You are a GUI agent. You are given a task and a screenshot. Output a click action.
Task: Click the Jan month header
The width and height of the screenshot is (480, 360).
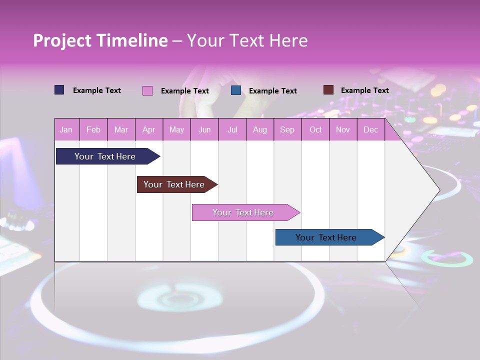[66, 130]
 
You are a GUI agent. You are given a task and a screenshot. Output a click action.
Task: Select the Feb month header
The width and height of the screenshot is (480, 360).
[93, 130]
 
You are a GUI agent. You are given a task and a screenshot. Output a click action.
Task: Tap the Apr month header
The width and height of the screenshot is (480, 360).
[148, 130]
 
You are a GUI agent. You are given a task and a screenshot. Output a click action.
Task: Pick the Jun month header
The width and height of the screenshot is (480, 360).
[204, 130]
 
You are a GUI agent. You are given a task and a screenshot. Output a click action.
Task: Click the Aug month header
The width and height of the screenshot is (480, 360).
[259, 130]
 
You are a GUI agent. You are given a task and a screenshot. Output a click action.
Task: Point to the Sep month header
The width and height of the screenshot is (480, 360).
[287, 130]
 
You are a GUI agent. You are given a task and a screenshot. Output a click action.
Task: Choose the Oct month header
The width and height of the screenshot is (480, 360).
[315, 130]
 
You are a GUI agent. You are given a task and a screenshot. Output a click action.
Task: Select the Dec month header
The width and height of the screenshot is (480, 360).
[370, 130]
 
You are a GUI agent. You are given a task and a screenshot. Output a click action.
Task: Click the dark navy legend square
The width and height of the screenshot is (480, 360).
[59, 90]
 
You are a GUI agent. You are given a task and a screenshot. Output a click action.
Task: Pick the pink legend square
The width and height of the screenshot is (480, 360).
[147, 90]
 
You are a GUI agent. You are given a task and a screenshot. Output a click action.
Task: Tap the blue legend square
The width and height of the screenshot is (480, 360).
[236, 90]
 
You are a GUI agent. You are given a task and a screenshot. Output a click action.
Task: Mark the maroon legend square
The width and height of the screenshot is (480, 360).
[328, 90]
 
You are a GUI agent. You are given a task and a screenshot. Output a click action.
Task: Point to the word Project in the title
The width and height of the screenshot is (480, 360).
[62, 40]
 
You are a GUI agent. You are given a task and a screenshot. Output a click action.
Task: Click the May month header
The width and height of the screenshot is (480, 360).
[176, 130]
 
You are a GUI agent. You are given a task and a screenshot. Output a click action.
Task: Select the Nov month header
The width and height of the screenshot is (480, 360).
[343, 130]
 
